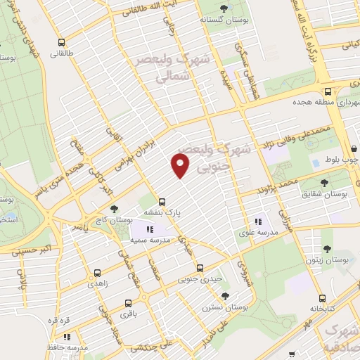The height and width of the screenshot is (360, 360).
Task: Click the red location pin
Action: click(181, 165)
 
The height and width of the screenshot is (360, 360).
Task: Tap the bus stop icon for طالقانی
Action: click(62, 42)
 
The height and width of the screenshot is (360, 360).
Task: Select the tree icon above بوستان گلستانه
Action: click(224, 8)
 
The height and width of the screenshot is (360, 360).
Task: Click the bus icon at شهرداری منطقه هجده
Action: click(328, 91)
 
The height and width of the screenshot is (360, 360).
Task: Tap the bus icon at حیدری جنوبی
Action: click(200, 268)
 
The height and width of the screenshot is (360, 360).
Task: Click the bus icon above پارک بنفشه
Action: click(162, 200)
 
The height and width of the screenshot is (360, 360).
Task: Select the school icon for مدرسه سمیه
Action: click(148, 229)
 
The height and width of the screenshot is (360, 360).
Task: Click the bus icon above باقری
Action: click(127, 304)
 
